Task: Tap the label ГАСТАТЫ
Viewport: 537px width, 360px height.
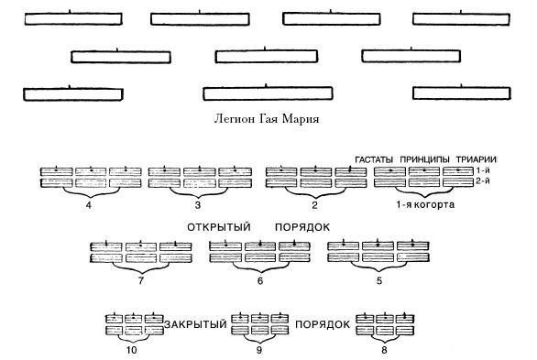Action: tap(376, 158)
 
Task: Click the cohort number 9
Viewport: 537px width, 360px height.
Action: tap(259, 349)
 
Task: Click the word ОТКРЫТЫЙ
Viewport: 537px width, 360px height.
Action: tap(219, 227)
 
